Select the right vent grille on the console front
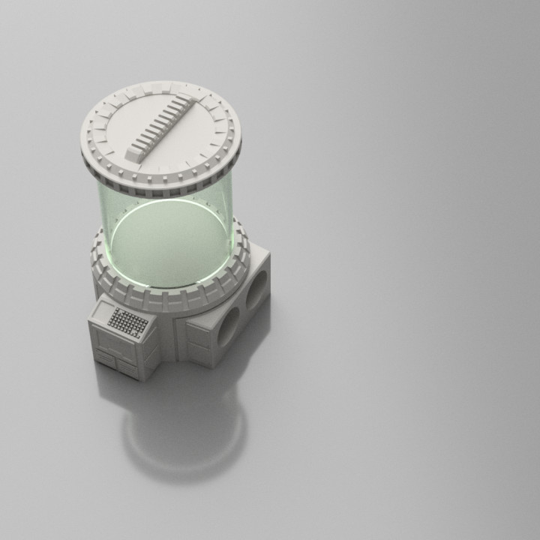pos(127,367)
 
